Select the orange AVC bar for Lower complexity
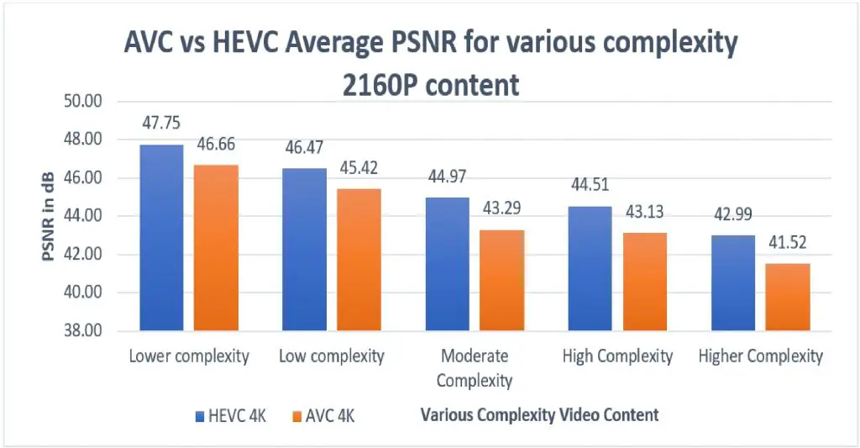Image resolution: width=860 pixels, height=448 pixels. pyautogui.click(x=216, y=247)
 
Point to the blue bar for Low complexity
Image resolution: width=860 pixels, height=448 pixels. pyautogui.click(x=304, y=249)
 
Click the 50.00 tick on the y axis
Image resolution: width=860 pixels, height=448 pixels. pyautogui.click(x=82, y=102)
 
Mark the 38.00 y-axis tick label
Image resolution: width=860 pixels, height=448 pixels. pyautogui.click(x=82, y=331)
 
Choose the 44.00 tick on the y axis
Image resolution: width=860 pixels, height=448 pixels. pyautogui.click(x=82, y=216)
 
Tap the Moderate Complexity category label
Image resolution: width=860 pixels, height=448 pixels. pyautogui.click(x=474, y=368)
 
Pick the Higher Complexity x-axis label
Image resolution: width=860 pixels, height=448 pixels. pyautogui.click(x=760, y=356)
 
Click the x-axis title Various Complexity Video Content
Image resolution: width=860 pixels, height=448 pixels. pyautogui.click(x=539, y=414)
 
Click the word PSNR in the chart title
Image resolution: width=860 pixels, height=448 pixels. pyautogui.click(x=418, y=45)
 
